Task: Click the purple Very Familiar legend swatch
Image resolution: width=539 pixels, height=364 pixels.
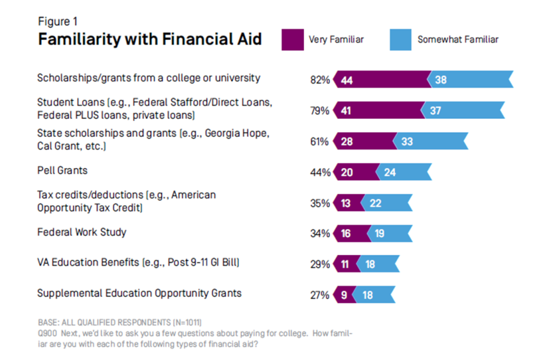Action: click(292, 40)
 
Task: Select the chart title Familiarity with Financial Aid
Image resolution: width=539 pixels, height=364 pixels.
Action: click(149, 39)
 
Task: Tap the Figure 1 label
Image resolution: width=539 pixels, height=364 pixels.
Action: click(58, 22)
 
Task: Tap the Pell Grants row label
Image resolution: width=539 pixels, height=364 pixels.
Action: click(62, 170)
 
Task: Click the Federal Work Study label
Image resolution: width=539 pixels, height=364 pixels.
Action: click(82, 232)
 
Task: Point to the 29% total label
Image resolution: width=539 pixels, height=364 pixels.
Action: click(320, 264)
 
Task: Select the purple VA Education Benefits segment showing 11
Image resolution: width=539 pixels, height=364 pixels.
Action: click(347, 264)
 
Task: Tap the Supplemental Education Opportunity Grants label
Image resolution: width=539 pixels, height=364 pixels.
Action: click(139, 293)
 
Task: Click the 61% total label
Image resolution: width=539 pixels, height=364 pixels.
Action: click(320, 142)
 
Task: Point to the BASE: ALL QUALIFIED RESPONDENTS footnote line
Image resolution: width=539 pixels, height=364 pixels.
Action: click(124, 322)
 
